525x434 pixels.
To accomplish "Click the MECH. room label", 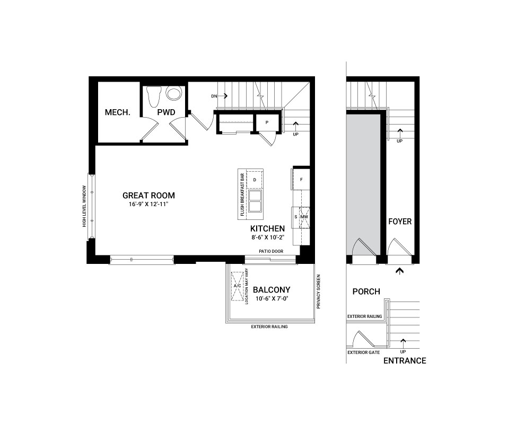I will click(117, 112).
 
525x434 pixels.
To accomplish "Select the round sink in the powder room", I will click(173, 94).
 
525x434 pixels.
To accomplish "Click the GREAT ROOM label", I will click(148, 195).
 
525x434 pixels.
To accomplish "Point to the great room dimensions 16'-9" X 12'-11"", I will click(148, 204).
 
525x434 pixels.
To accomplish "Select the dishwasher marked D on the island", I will click(255, 180).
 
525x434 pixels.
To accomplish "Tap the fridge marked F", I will click(301, 180).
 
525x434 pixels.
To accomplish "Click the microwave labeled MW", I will click(304, 217).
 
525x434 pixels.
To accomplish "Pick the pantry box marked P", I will click(267, 122).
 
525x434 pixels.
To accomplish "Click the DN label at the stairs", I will click(214, 96).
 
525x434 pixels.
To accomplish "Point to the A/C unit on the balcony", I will click(237, 286).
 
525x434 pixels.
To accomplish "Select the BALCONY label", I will click(272, 290).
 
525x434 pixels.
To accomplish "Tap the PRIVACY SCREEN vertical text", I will click(319, 291).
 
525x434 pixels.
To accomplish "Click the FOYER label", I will click(400, 222).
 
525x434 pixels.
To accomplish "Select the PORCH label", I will click(366, 291).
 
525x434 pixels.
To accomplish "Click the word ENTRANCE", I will click(405, 361).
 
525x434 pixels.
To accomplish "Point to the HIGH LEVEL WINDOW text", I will click(84, 206).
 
